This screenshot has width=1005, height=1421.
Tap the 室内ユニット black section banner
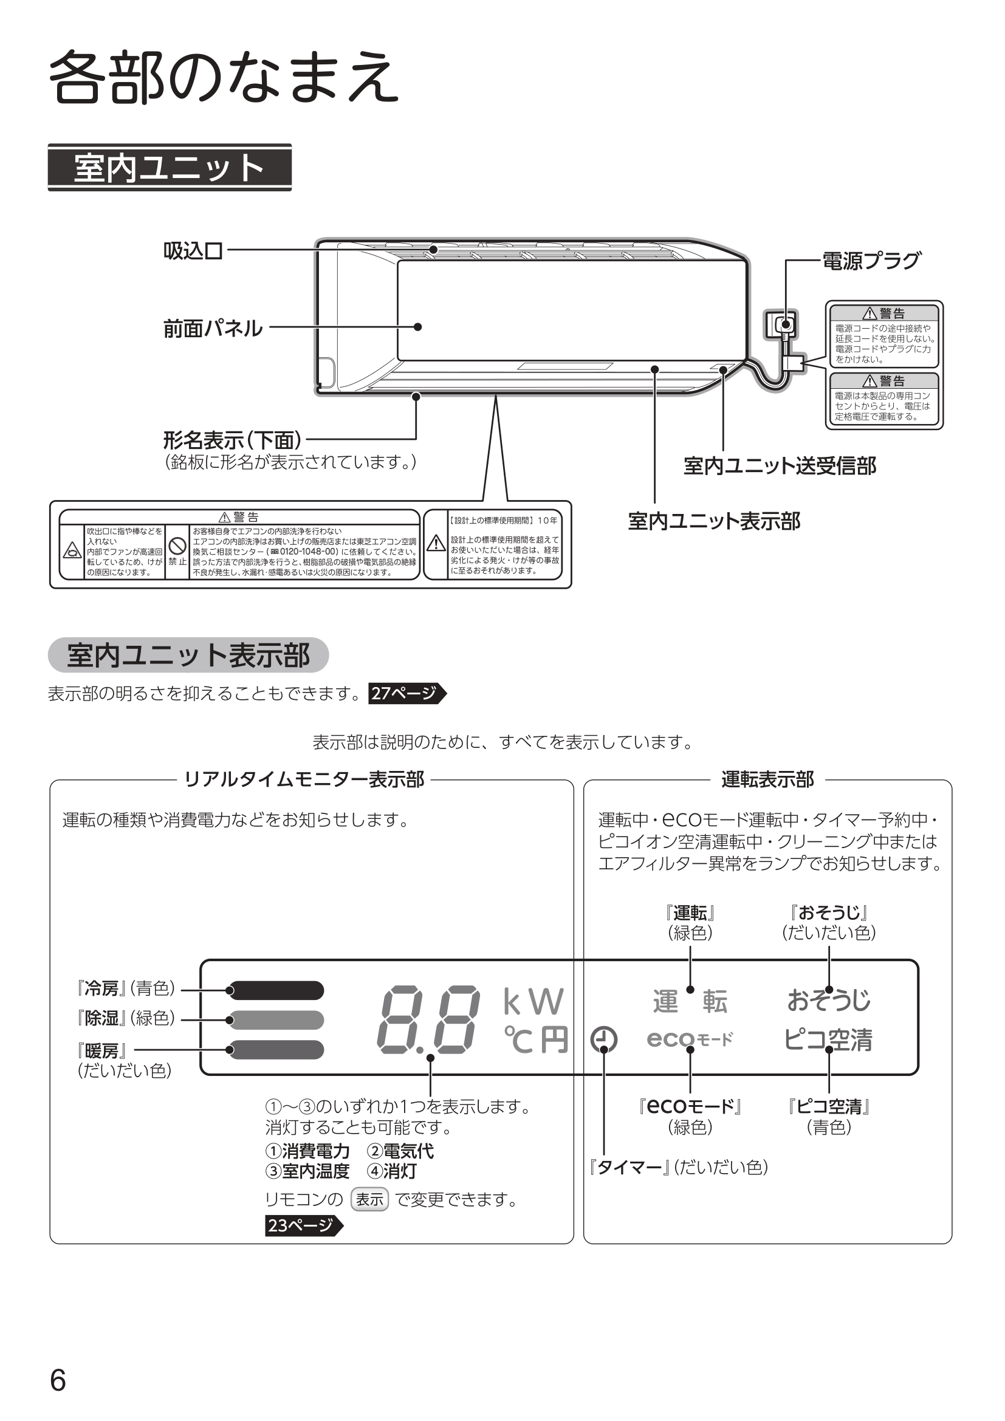(x=170, y=168)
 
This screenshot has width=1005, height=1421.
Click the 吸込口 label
(x=193, y=251)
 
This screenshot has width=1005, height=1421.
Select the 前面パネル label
(x=212, y=328)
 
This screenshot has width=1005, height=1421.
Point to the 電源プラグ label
(x=871, y=261)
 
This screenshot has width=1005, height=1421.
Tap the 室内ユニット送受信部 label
(x=779, y=466)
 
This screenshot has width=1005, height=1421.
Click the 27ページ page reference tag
(x=406, y=693)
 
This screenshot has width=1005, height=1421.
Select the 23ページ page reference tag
(x=303, y=1225)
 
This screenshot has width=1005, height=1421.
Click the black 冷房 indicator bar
(x=276, y=990)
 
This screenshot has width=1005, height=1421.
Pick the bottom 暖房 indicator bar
(x=276, y=1050)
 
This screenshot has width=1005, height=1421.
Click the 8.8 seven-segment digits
(x=428, y=1020)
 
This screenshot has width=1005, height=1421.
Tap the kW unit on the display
(x=533, y=1002)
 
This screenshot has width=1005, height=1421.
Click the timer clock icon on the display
(x=603, y=1039)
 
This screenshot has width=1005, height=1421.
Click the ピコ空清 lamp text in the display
(x=828, y=1039)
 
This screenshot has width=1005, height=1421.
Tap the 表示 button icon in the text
(x=369, y=1199)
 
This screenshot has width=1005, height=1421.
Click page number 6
(x=58, y=1381)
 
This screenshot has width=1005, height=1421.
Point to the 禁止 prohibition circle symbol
(x=177, y=545)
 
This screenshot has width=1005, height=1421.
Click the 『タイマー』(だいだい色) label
(x=678, y=1167)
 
